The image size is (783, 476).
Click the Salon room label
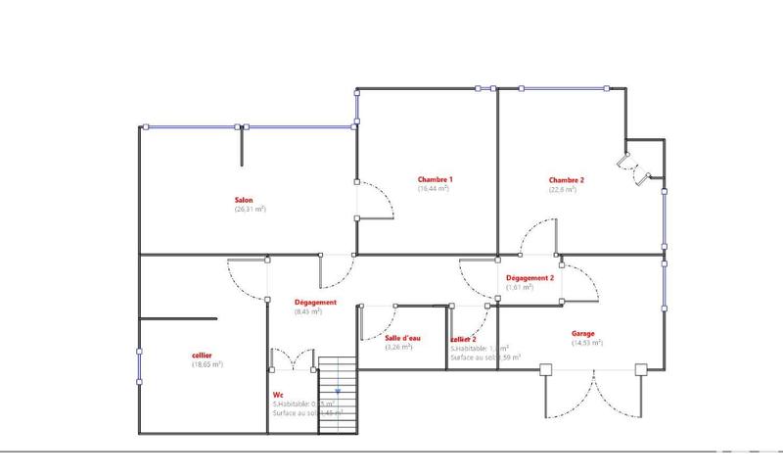pos(244,199)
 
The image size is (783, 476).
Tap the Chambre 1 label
pos(435,179)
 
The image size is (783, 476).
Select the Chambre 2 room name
pos(566,179)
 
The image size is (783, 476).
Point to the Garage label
pos(583,333)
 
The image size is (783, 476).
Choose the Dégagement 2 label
pos(530,278)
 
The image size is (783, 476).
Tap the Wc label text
pos(278,394)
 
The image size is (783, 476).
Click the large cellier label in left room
pos(203,355)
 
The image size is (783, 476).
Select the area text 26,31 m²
pos(250,209)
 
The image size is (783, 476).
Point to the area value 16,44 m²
pos(434,188)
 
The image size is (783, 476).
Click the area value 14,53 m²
pos(587,343)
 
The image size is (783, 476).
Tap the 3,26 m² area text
pos(398,347)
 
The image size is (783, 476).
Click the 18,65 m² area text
pos(207,364)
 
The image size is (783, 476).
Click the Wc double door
pos(293,360)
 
